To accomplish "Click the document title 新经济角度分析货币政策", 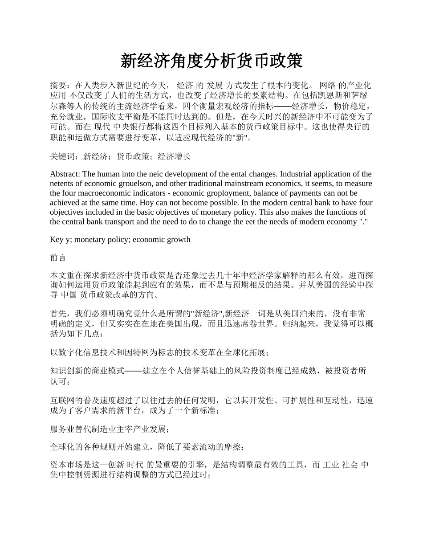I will click(211, 61).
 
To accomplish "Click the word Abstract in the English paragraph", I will click(65, 174).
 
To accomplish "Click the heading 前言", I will click(58, 258).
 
